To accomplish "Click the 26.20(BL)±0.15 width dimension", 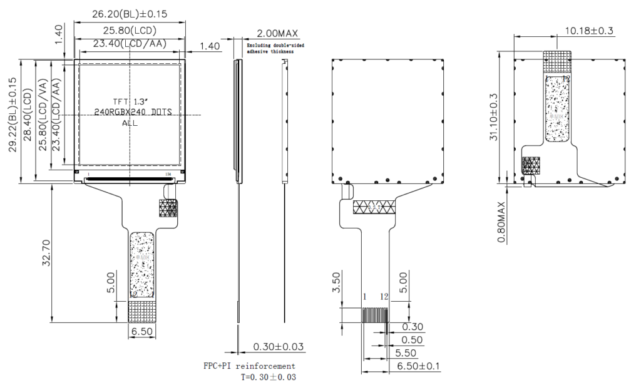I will pyautogui.click(x=130, y=14).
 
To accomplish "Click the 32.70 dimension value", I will pyautogui.click(x=46, y=251).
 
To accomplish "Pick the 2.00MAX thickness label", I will pyautogui.click(x=277, y=33).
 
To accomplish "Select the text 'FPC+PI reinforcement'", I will pyautogui.click(x=249, y=366).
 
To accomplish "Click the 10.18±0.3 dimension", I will pyautogui.click(x=589, y=30).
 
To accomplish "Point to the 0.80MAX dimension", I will pyautogui.click(x=502, y=224).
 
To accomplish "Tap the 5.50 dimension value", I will pyautogui.click(x=411, y=352).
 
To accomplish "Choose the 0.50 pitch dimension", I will pyautogui.click(x=412, y=340).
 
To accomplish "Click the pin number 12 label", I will pyautogui.click(x=385, y=295).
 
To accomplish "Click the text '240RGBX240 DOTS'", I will pyautogui.click(x=133, y=111).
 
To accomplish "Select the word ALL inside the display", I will pyautogui.click(x=130, y=123).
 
